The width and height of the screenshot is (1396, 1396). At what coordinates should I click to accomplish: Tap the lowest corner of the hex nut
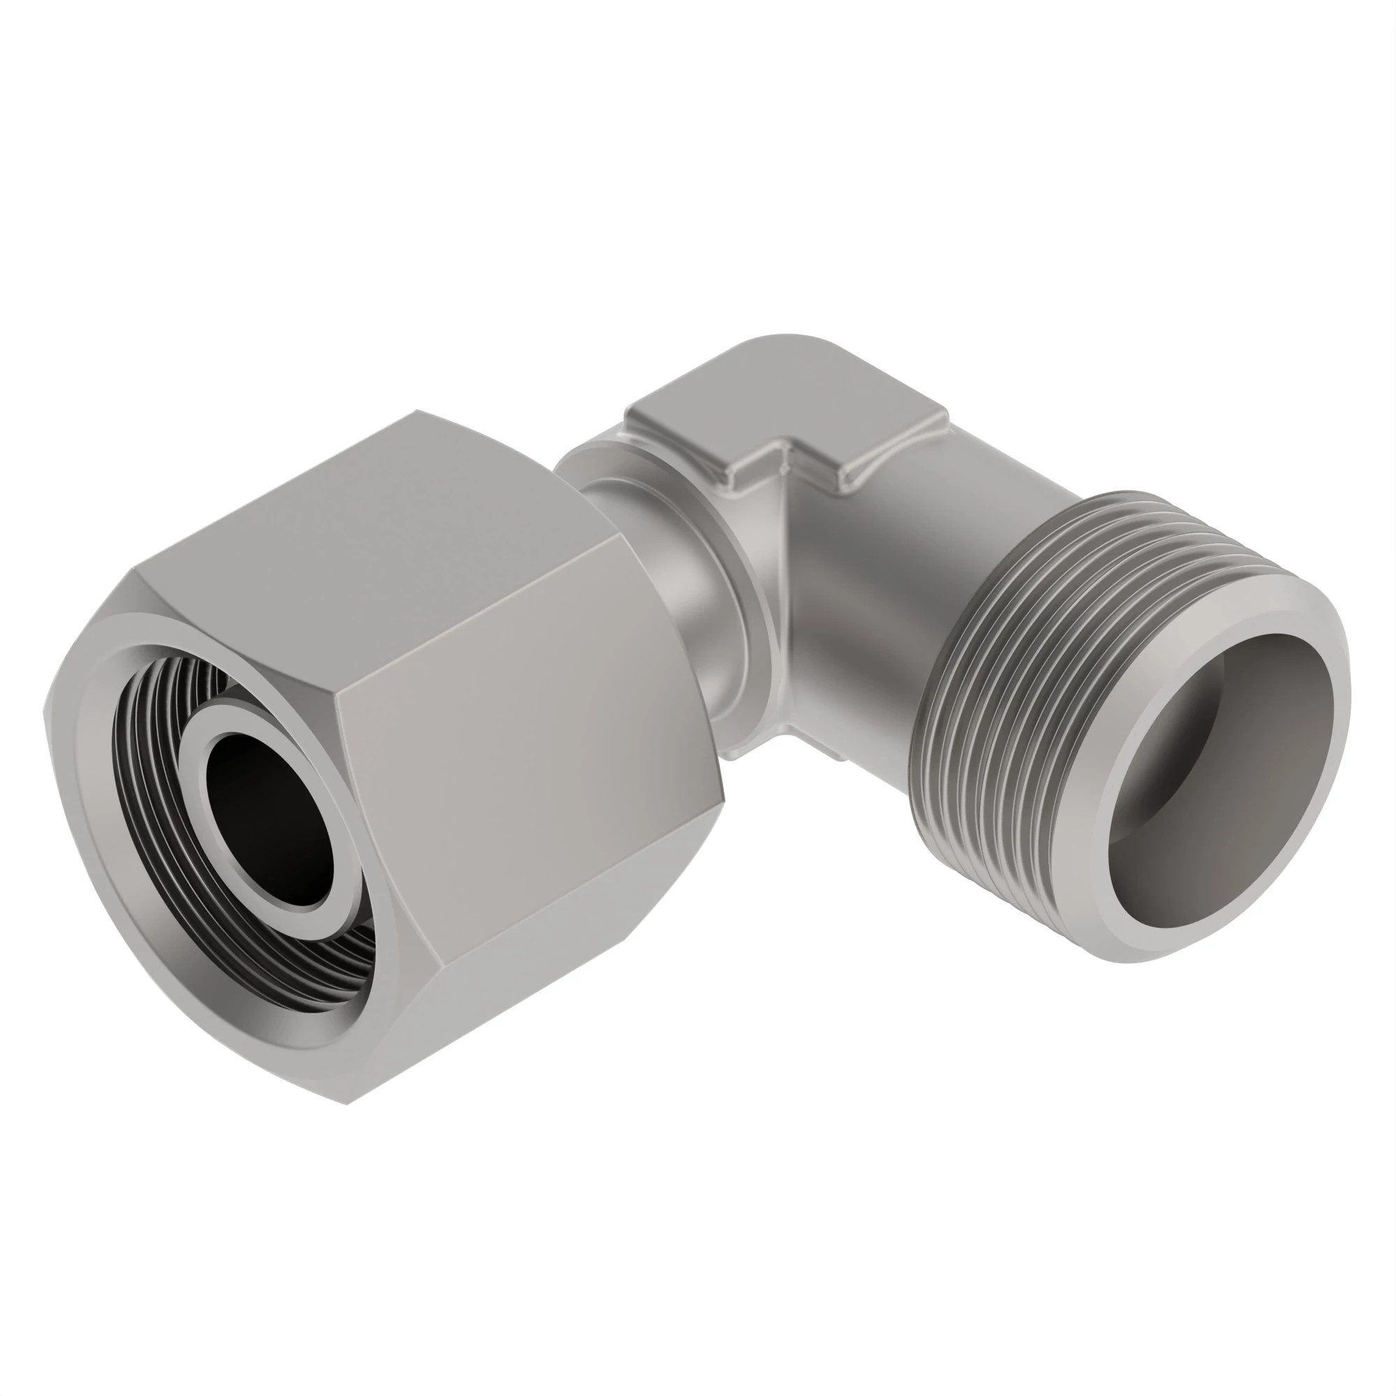coord(350,1124)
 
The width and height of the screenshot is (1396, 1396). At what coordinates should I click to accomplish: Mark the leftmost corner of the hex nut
coord(45,712)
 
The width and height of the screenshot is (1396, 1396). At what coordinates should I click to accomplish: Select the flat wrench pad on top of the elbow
coord(787,426)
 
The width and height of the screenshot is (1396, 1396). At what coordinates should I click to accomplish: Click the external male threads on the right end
coord(1011,686)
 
